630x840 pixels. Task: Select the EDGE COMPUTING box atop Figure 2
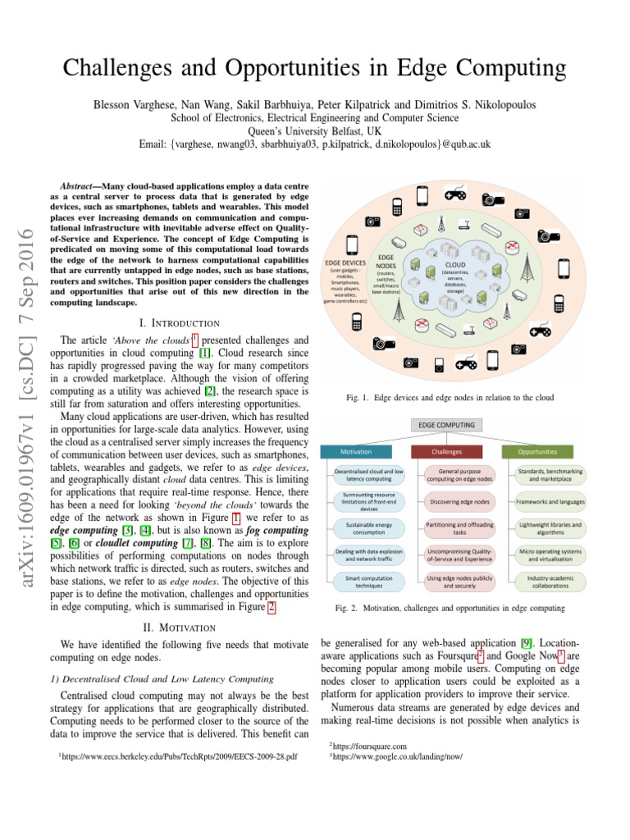pyautogui.click(x=447, y=425)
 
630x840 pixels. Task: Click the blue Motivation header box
pyautogui.click(x=357, y=452)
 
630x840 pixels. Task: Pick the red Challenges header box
pyautogui.click(x=447, y=452)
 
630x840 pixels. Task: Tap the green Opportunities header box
pyautogui.click(x=538, y=452)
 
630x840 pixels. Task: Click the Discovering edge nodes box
pyautogui.click(x=447, y=501)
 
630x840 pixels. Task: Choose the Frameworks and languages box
pyautogui.click(x=550, y=501)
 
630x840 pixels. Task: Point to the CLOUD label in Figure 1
pyautogui.click(x=454, y=265)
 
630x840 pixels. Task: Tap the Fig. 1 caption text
pyautogui.click(x=450, y=398)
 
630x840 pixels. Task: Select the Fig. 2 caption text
pyautogui.click(x=450, y=608)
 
